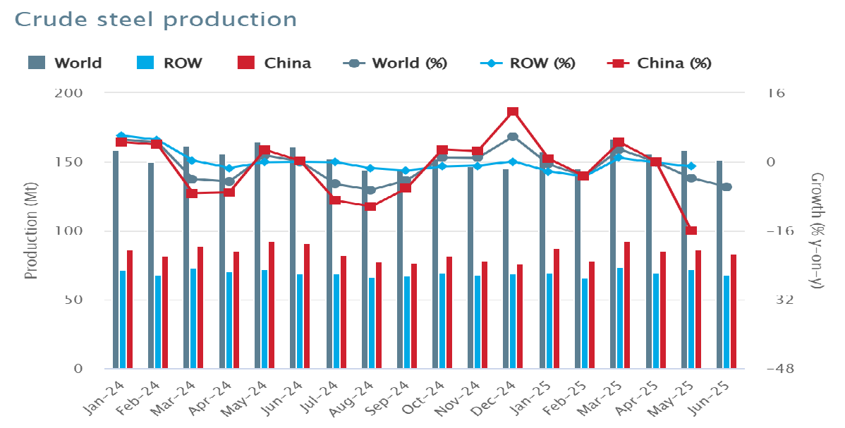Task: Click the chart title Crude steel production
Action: coord(155,19)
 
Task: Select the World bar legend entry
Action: coord(66,63)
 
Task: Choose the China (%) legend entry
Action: coord(659,63)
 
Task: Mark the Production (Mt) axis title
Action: coord(31,231)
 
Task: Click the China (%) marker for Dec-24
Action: coord(513,112)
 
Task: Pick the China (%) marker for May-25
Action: coord(691,231)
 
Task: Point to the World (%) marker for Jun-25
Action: coord(727,187)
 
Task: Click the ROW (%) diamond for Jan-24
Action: coord(121,135)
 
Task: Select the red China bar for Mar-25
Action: coord(626,305)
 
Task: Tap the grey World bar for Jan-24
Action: coord(116,259)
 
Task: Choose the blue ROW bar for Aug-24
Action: coord(372,323)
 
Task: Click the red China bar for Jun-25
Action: coord(734,311)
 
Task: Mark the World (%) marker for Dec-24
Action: coord(513,137)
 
